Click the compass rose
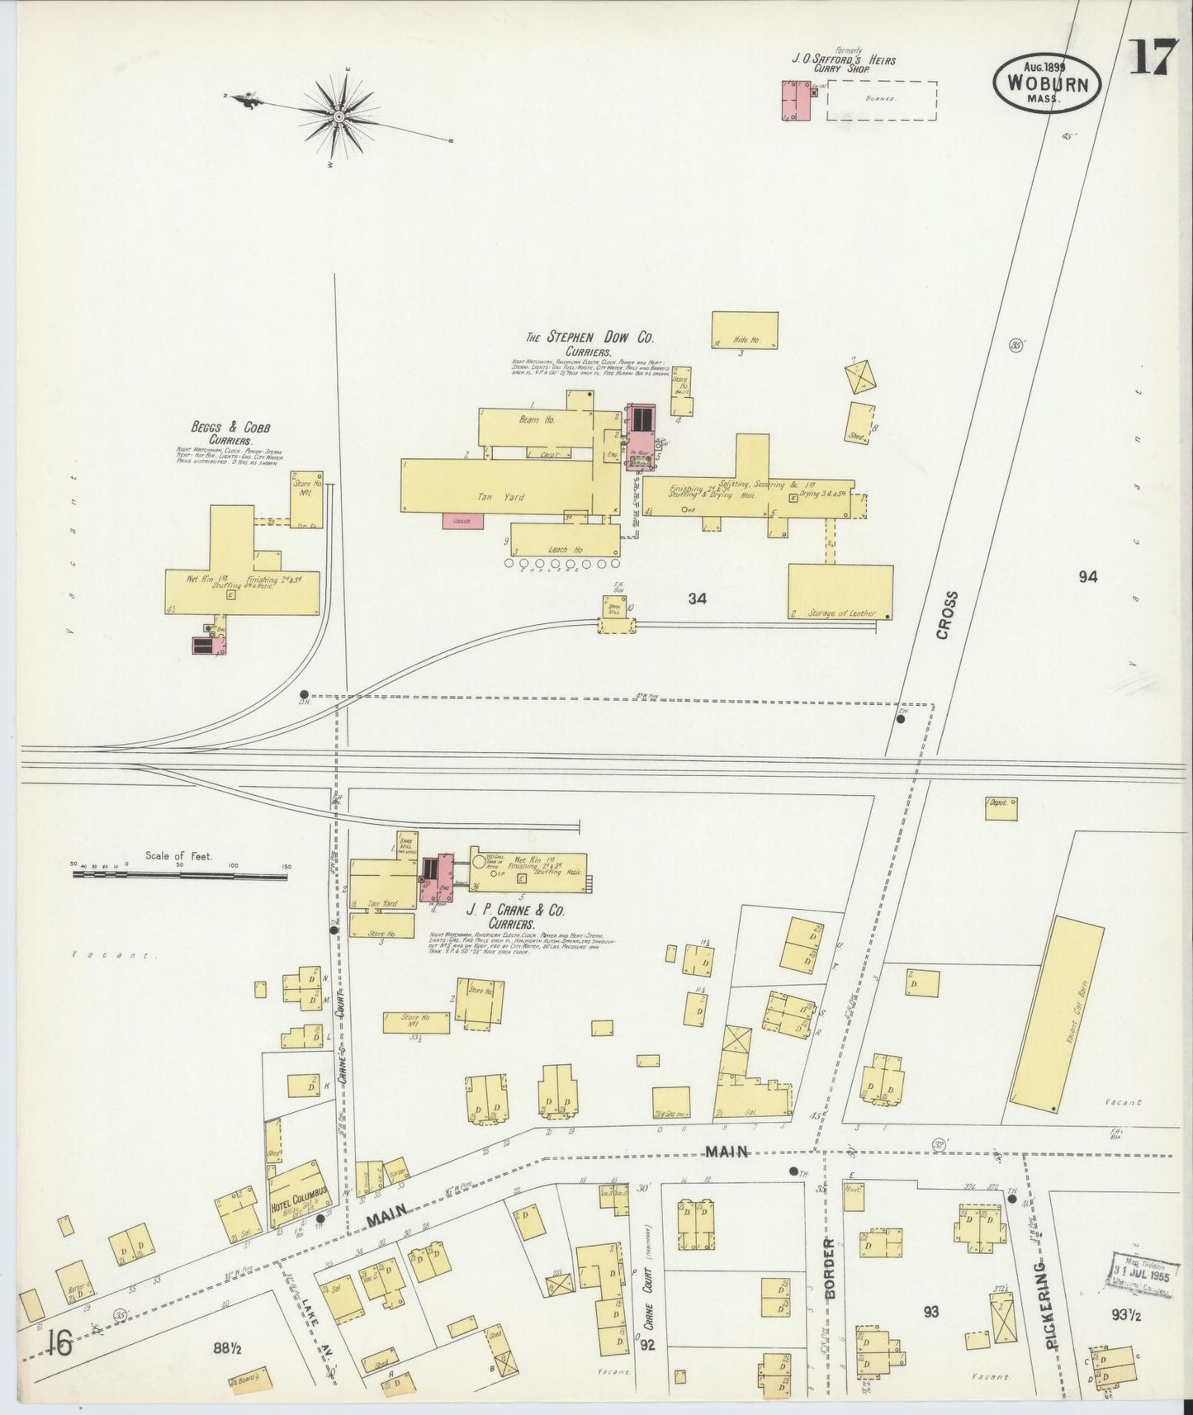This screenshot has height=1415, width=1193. pyautogui.click(x=338, y=117)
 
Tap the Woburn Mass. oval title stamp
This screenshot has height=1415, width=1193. pyautogui.click(x=1046, y=84)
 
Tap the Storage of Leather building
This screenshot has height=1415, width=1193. pyautogui.click(x=840, y=591)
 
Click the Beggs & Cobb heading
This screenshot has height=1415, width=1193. pyautogui.click(x=230, y=428)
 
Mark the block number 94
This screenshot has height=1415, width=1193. pyautogui.click(x=1087, y=577)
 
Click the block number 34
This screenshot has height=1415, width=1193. pyautogui.click(x=698, y=599)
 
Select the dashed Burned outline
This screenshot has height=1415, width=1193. pyautogui.click(x=882, y=100)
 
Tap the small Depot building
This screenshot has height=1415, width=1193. pyautogui.click(x=1000, y=807)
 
